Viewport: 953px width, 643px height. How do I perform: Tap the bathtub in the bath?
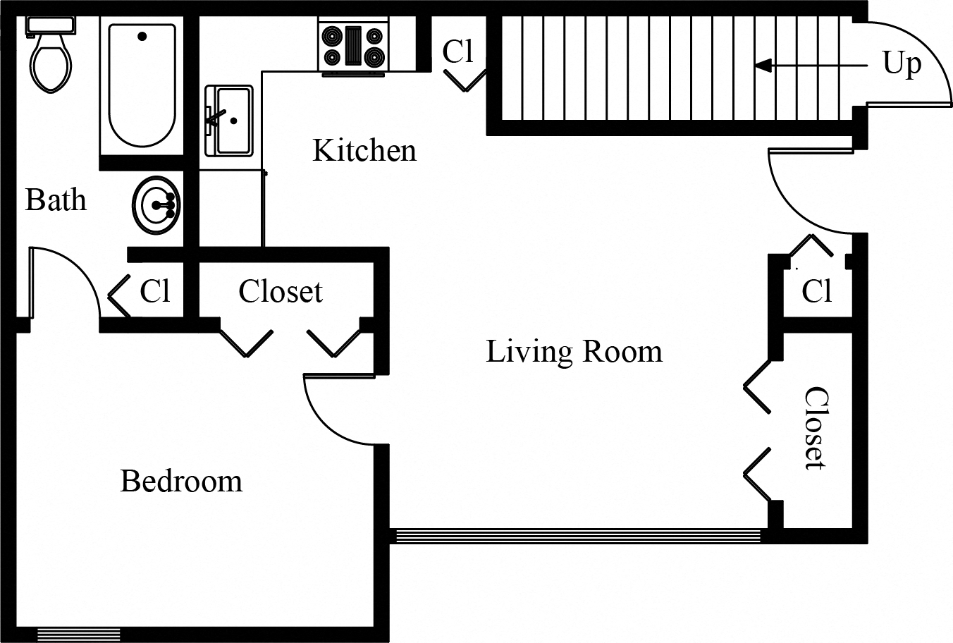point(142,85)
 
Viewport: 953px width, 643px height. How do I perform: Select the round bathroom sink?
point(156,206)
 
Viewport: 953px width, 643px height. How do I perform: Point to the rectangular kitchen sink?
point(228,121)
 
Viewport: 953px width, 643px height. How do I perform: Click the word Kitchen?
point(364,151)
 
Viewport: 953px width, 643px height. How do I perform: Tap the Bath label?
point(56,200)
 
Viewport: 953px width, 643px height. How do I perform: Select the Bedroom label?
point(181,482)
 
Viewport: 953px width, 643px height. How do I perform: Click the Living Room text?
point(574,351)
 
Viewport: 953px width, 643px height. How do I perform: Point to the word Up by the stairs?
point(902,64)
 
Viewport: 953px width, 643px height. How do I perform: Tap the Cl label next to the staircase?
point(457,51)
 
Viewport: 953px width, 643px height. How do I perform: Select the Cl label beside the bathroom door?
point(154,290)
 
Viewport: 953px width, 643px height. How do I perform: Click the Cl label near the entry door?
point(816,290)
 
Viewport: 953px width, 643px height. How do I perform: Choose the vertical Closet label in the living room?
point(815,428)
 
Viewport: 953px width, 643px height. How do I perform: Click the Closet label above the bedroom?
point(280,291)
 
